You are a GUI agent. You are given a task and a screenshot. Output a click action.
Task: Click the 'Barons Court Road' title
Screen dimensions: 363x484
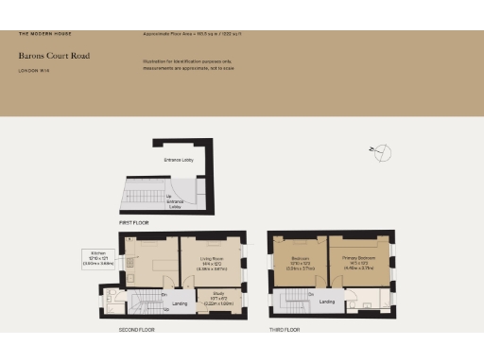pyautogui.click(x=54, y=56)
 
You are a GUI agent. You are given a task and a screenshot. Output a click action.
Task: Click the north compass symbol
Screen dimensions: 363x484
pyautogui.click(x=383, y=151)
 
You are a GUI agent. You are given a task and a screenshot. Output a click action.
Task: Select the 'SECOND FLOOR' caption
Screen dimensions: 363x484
pyautogui.click(x=137, y=330)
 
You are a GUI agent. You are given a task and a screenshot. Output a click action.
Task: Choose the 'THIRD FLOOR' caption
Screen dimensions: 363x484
pyautogui.click(x=285, y=330)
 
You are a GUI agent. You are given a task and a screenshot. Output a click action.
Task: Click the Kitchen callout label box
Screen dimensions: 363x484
pyautogui.click(x=98, y=258)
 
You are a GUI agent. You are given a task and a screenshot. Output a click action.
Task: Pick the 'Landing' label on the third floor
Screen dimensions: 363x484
pyautogui.click(x=327, y=302)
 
